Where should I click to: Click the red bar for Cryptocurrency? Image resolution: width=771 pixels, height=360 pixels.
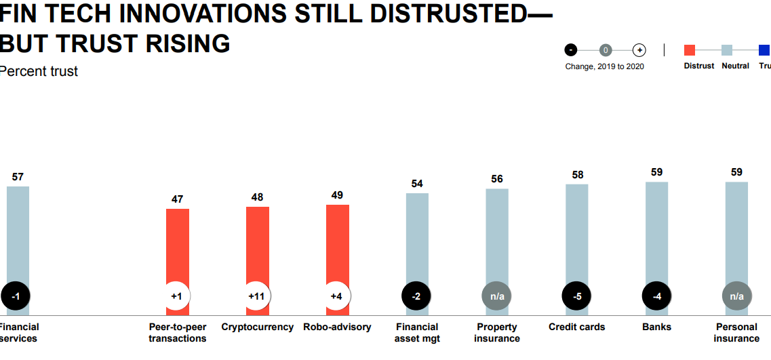(258, 244)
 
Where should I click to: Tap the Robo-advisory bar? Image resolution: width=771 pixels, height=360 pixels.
(338, 244)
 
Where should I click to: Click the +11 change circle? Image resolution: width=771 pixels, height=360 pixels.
(257, 296)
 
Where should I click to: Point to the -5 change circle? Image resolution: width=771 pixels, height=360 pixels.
(577, 296)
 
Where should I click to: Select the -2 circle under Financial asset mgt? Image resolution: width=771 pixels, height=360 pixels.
(417, 296)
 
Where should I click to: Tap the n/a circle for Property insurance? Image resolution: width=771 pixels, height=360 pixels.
(497, 296)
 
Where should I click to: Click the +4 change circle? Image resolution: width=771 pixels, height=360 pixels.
(337, 296)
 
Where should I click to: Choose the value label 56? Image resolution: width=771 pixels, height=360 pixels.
(497, 179)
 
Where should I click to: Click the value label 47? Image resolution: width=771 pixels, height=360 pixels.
(178, 199)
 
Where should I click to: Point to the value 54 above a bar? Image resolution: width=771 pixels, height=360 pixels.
(417, 184)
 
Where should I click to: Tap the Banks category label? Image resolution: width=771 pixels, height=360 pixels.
(656, 327)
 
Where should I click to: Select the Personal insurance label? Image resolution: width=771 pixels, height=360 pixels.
(736, 332)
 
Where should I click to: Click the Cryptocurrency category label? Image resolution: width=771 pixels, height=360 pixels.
(257, 327)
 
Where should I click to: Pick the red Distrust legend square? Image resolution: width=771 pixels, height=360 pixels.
(690, 49)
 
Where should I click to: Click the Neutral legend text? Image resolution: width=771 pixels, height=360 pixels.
(735, 66)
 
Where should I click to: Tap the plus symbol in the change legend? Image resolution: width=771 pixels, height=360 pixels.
(639, 49)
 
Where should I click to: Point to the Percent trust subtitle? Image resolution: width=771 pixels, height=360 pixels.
(39, 71)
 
